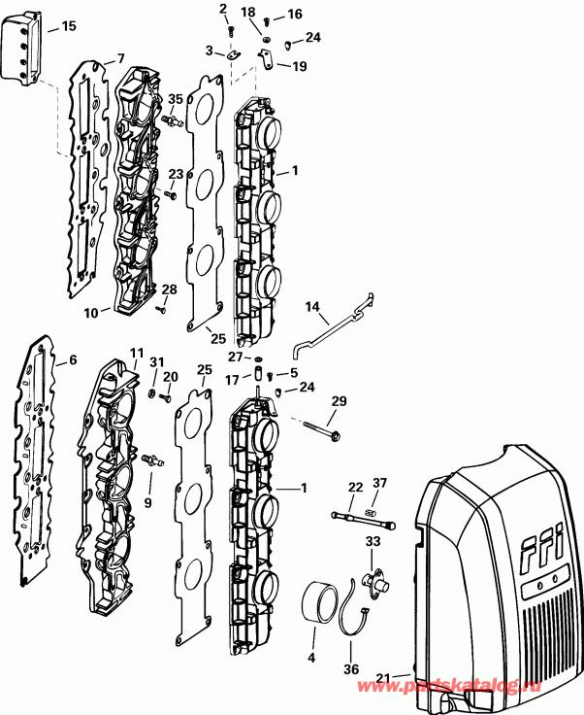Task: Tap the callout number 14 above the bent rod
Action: pyautogui.click(x=312, y=306)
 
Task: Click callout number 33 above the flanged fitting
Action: pyautogui.click(x=373, y=540)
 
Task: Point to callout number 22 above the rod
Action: pyautogui.click(x=355, y=487)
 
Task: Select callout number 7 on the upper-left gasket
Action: pyautogui.click(x=120, y=57)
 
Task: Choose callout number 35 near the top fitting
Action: pyautogui.click(x=176, y=99)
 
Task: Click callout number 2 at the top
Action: pyautogui.click(x=223, y=10)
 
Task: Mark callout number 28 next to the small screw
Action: pyautogui.click(x=170, y=290)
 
